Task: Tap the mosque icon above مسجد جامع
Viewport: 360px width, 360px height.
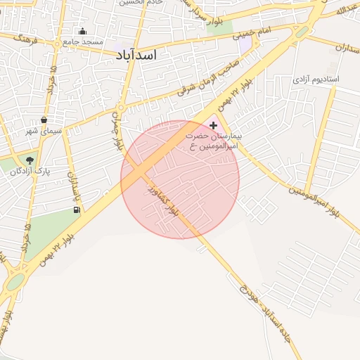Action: (x=82, y=31)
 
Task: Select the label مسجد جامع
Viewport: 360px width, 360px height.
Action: (x=83, y=41)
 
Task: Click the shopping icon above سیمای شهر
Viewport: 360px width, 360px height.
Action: (x=44, y=120)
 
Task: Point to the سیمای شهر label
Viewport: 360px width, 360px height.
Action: (x=44, y=131)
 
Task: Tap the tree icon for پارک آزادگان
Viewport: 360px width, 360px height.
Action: (x=29, y=160)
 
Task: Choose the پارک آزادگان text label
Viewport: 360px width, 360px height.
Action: (x=30, y=171)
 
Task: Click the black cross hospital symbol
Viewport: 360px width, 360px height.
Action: (x=214, y=124)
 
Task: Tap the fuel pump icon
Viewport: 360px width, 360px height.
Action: (x=76, y=209)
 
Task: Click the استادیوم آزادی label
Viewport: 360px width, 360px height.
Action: (x=315, y=79)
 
